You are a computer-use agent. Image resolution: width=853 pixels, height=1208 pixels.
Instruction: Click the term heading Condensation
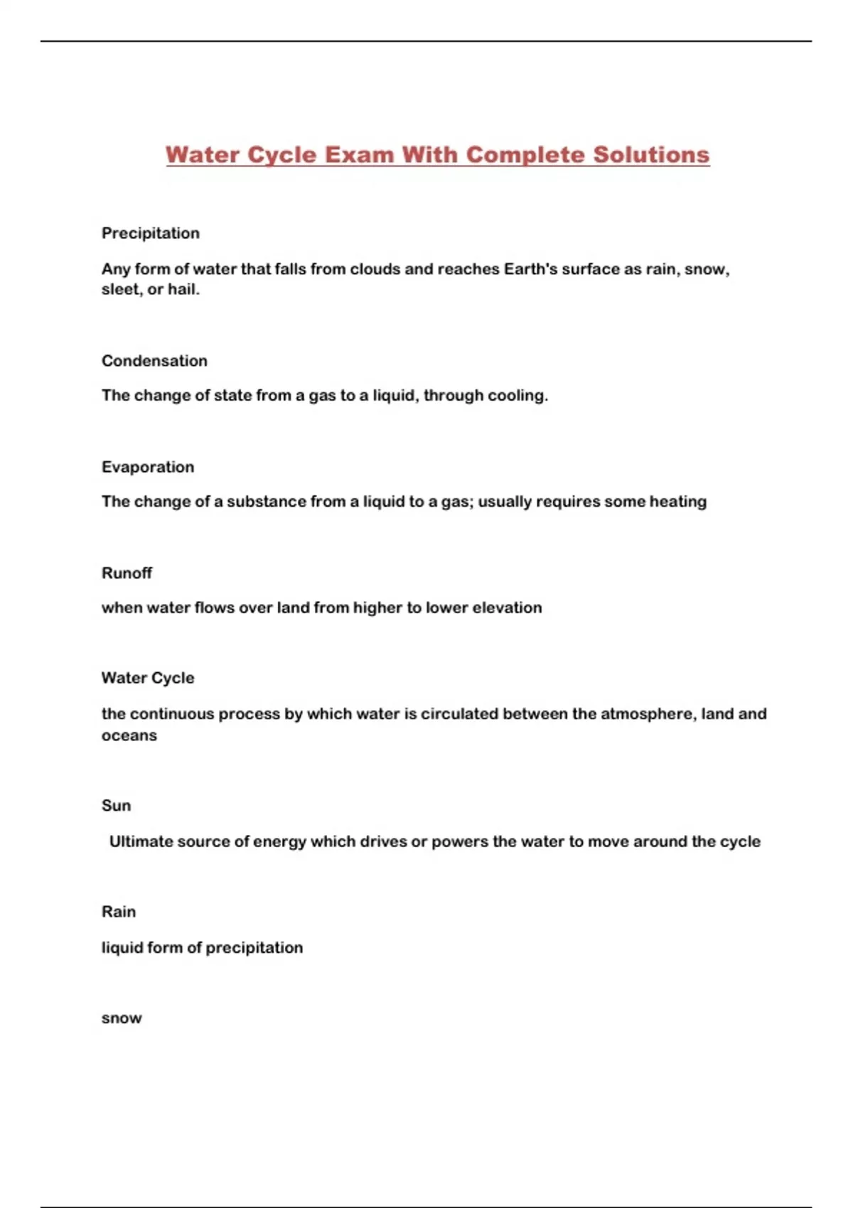coord(154,361)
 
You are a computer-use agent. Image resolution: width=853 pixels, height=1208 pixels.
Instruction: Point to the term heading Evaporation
coord(148,467)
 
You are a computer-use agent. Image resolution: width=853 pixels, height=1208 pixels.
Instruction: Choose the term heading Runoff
coord(127,573)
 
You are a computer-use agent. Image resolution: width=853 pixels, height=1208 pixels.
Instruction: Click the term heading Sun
coord(116,806)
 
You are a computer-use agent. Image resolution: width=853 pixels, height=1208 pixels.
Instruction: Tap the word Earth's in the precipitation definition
coord(530,269)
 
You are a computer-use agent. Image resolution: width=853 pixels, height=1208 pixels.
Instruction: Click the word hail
coord(183,290)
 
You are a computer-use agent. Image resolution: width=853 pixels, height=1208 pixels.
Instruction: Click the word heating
coord(677,502)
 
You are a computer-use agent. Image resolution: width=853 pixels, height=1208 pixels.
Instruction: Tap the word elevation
coord(507,608)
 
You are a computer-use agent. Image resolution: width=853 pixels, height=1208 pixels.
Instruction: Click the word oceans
coord(129,735)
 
